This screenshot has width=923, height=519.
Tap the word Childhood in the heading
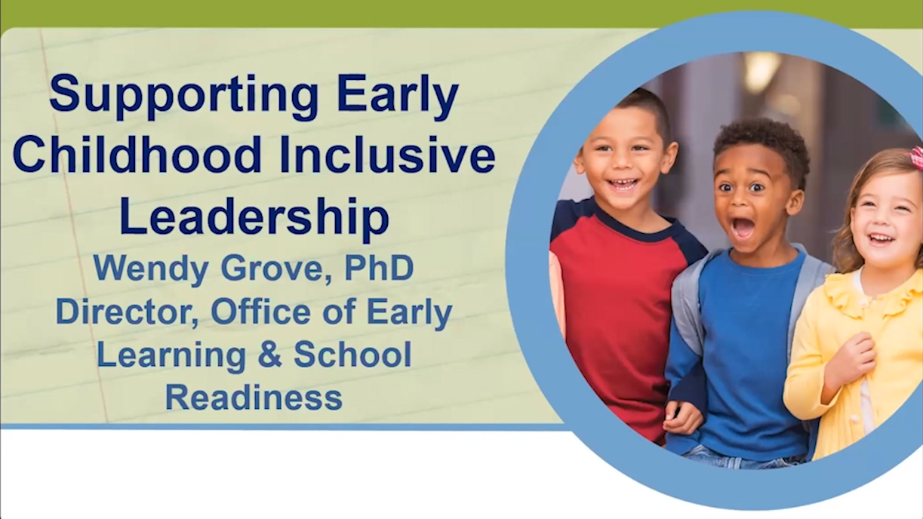137,155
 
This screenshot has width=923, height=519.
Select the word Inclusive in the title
387,155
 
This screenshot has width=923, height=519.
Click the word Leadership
254,217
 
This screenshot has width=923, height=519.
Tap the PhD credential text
379,268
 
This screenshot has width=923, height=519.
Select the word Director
128,312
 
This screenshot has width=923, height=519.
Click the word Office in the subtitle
260,312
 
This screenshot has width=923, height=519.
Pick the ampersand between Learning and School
270,355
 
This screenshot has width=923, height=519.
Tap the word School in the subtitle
352,355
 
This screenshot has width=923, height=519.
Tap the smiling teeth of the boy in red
623,183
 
